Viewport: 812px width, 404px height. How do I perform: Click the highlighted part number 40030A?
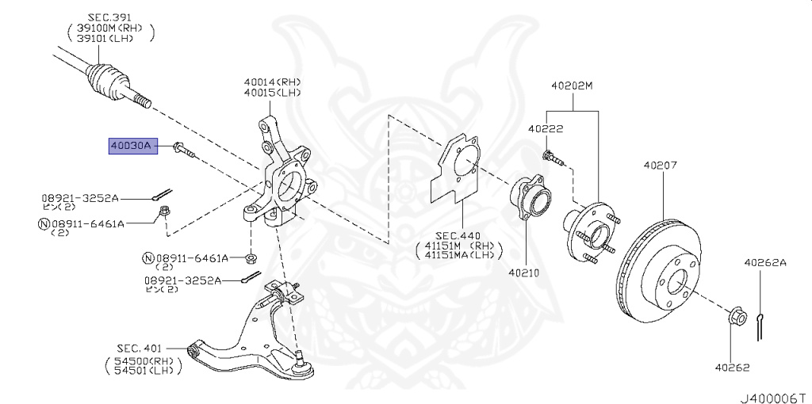pos(134,146)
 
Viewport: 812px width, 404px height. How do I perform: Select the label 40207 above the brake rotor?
pos(661,166)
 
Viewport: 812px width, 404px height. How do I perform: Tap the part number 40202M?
pos(572,85)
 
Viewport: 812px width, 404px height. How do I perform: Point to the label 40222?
pos(546,128)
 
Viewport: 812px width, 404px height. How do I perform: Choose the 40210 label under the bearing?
pos(523,273)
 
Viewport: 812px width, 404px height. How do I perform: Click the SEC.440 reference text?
pos(458,236)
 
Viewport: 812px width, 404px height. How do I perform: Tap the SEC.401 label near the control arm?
pos(140,348)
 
